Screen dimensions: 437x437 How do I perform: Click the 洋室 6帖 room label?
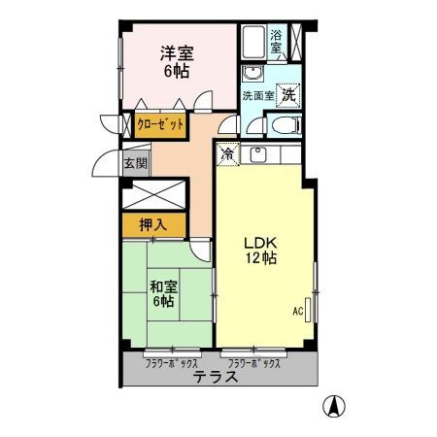[176, 63]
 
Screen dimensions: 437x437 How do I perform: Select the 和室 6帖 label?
[162, 293]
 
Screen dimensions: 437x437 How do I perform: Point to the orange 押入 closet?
[152, 224]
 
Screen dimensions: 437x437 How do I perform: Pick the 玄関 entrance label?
[133, 163]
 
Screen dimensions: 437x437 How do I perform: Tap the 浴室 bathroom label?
[277, 42]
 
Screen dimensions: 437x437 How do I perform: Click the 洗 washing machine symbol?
[288, 95]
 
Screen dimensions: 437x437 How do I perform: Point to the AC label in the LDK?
[298, 312]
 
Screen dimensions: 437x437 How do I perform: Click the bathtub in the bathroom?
[252, 42]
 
